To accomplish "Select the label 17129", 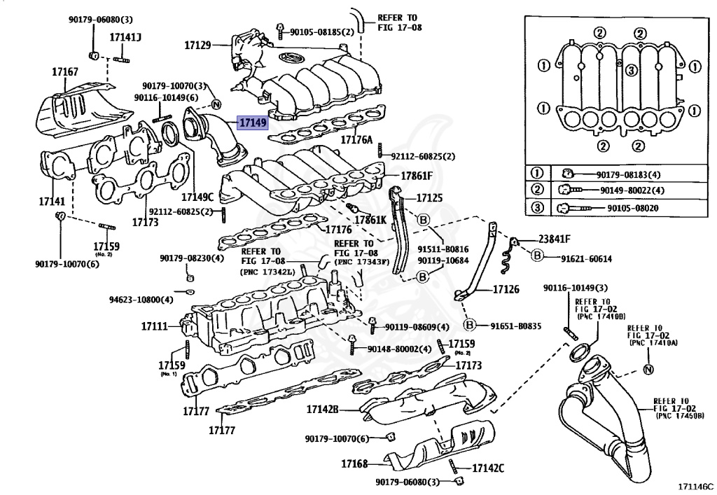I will click(197, 45).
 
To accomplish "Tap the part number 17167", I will click(64, 71).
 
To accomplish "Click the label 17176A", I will click(356, 139).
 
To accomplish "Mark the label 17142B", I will click(323, 409).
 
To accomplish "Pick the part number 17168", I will click(354, 464).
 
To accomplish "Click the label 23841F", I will click(555, 238).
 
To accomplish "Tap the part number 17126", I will click(506, 288).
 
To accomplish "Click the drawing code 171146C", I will click(694, 484).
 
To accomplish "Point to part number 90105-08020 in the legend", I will click(632, 209).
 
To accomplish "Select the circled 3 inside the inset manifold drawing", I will click(631, 70).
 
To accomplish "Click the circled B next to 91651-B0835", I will click(470, 325).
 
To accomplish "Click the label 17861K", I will click(370, 220).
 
